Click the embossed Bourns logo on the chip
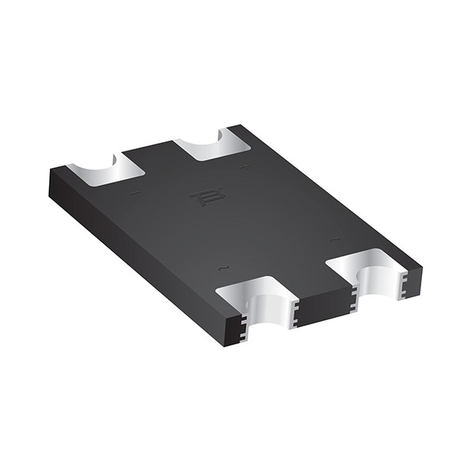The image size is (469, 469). [200, 198]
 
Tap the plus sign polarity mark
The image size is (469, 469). [245, 167]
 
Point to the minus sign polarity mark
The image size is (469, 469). [133, 193]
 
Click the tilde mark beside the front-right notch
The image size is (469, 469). [334, 240]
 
